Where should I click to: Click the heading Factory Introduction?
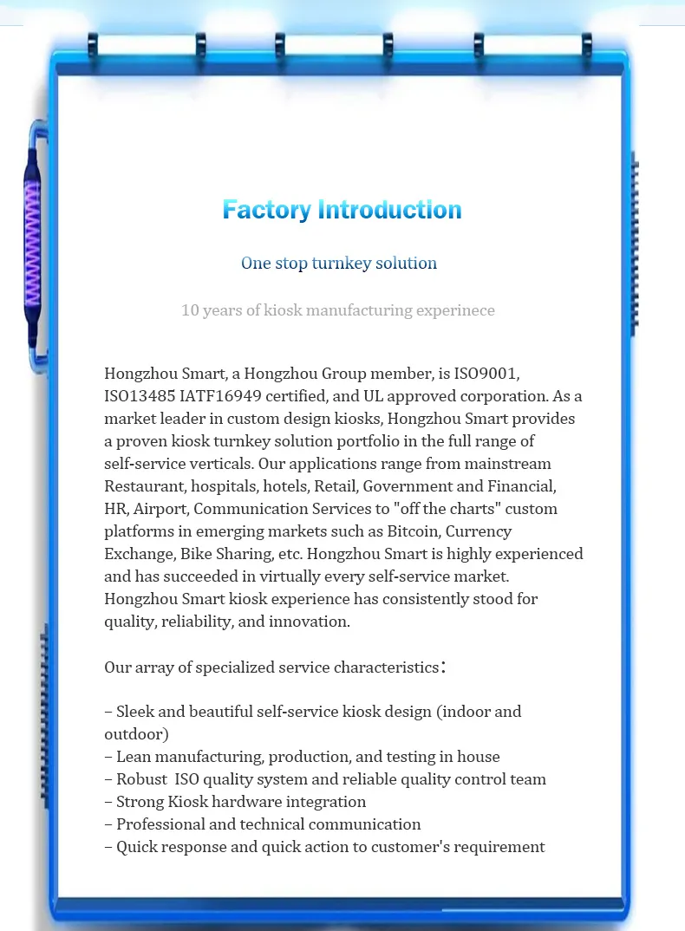pyautogui.click(x=342, y=210)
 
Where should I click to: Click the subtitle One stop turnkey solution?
pyautogui.click(x=339, y=263)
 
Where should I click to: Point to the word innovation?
pyautogui.click(x=310, y=622)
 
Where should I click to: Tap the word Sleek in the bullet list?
pyautogui.click(x=135, y=712)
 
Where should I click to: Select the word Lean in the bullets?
pyautogui.click(x=133, y=757)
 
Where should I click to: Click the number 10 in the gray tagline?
pyautogui.click(x=190, y=310)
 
